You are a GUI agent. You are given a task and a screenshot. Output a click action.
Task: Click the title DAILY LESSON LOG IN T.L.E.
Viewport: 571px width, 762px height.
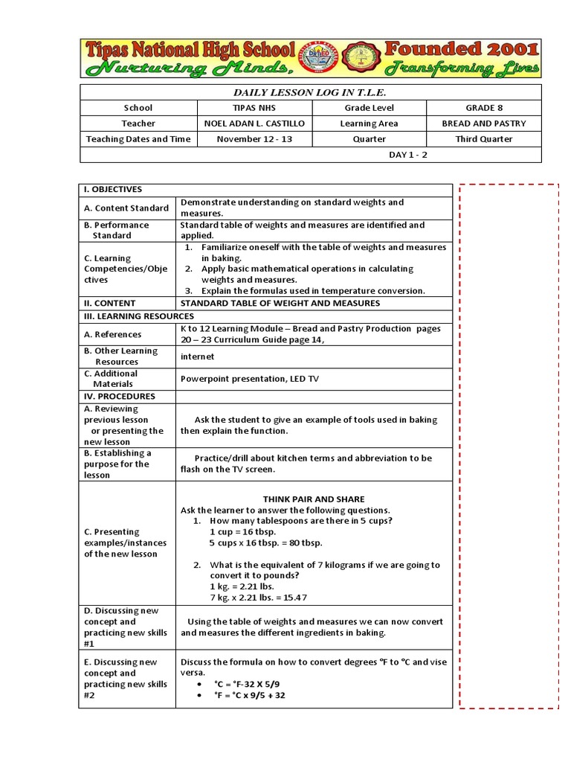point(311,92)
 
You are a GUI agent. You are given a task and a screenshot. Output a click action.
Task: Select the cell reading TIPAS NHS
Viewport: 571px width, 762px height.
point(254,108)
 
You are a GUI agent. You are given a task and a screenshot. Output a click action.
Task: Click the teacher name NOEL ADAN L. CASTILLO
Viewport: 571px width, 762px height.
point(254,124)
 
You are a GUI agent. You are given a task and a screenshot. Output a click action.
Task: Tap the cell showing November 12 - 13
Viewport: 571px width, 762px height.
point(254,139)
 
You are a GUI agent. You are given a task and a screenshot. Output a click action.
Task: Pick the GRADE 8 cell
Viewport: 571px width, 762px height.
point(484,108)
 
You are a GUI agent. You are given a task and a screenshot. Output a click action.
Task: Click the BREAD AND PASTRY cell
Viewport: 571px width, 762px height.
point(484,124)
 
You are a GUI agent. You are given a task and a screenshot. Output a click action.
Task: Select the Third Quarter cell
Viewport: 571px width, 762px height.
point(484,139)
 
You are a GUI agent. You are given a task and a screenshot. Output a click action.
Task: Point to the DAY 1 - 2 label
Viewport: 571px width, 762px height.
point(409,155)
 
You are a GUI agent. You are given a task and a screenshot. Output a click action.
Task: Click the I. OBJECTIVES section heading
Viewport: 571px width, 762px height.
point(113,190)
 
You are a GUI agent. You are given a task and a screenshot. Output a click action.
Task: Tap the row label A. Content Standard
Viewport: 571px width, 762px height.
point(126,208)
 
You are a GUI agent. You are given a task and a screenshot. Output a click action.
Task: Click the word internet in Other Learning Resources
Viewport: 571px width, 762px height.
point(197,356)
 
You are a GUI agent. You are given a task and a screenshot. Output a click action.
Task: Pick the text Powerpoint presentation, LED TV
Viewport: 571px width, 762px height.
point(249,379)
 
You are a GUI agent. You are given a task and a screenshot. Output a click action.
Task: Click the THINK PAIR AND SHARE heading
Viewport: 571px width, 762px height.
point(314,499)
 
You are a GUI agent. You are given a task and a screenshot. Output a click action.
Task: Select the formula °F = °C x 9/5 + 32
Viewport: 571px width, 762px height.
point(250,696)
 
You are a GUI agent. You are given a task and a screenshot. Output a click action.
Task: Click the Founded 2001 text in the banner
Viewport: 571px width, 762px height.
point(461,50)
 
